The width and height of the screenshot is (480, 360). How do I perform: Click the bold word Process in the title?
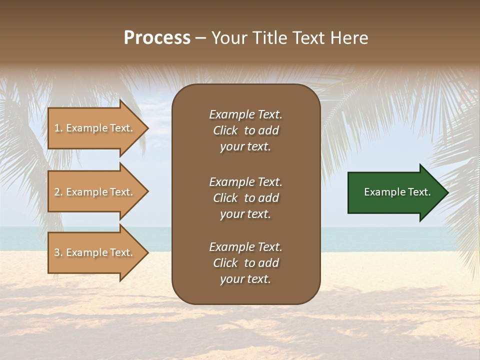157,38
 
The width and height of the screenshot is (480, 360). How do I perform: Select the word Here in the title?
349,38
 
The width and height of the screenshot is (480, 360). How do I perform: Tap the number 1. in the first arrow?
58,128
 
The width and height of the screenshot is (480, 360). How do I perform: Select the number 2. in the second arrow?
58,192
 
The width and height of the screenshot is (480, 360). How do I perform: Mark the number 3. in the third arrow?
58,252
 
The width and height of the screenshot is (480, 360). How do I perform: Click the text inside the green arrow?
397,192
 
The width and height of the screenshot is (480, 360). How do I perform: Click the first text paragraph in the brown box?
245,130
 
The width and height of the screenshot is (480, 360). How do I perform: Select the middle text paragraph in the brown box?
245,198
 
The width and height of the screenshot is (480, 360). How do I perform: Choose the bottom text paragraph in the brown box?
245,263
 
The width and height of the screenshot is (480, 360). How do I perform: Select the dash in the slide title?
200,38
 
